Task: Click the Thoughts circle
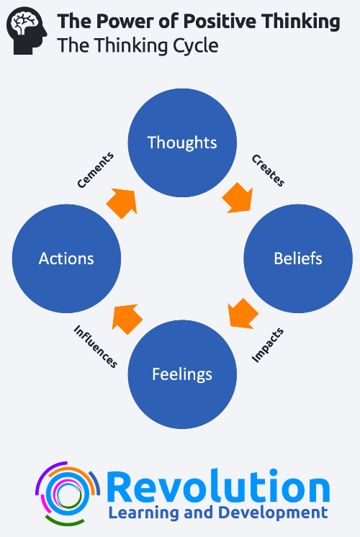[x=182, y=143]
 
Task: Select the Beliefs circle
[x=298, y=258]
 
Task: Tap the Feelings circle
[x=182, y=374]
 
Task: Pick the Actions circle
[x=66, y=258]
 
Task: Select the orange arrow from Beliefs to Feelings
[x=243, y=314]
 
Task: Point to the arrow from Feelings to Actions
[x=127, y=318]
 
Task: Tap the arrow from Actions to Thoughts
[x=122, y=203]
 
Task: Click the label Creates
[x=269, y=170]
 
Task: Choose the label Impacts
[x=268, y=345]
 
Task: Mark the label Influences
[x=96, y=346]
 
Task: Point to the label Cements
[x=95, y=170]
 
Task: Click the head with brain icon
[x=27, y=31]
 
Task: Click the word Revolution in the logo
[x=218, y=487]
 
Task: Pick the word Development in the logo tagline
[x=273, y=513]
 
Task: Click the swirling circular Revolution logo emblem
[x=67, y=494]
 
